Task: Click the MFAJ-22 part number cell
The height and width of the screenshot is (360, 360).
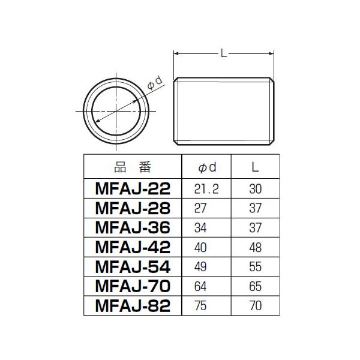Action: point(133,189)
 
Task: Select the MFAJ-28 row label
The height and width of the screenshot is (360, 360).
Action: point(133,208)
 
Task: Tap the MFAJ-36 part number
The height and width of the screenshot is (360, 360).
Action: point(133,227)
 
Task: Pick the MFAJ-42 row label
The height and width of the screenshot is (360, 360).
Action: point(133,247)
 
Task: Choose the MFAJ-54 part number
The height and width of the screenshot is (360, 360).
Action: point(133,266)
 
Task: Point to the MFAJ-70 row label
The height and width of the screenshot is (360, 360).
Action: point(133,286)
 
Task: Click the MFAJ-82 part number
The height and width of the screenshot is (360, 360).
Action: point(133,305)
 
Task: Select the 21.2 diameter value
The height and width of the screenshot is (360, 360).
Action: point(206,189)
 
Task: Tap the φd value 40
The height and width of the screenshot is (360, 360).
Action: point(200,247)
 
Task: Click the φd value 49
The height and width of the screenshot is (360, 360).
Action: point(200,267)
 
